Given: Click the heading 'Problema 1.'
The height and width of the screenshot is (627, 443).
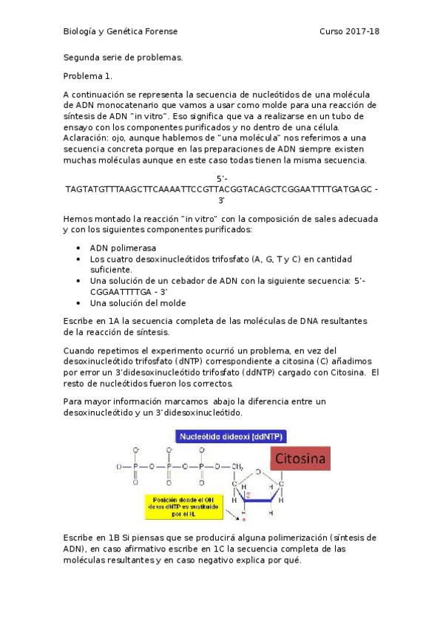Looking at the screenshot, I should (86, 76).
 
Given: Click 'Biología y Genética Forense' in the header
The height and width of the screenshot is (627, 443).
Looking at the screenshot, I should (120, 32).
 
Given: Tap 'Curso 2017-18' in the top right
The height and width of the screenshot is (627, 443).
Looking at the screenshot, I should (349, 32).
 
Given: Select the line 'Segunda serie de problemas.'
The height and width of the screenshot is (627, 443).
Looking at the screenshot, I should (122, 57).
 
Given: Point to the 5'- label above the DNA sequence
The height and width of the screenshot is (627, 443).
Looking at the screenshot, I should (222, 179).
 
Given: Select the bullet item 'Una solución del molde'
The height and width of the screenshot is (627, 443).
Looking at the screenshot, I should (138, 303).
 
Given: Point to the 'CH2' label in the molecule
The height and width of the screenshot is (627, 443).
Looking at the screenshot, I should (237, 467).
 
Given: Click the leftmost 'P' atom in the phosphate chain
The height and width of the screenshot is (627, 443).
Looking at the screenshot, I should (136, 467).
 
